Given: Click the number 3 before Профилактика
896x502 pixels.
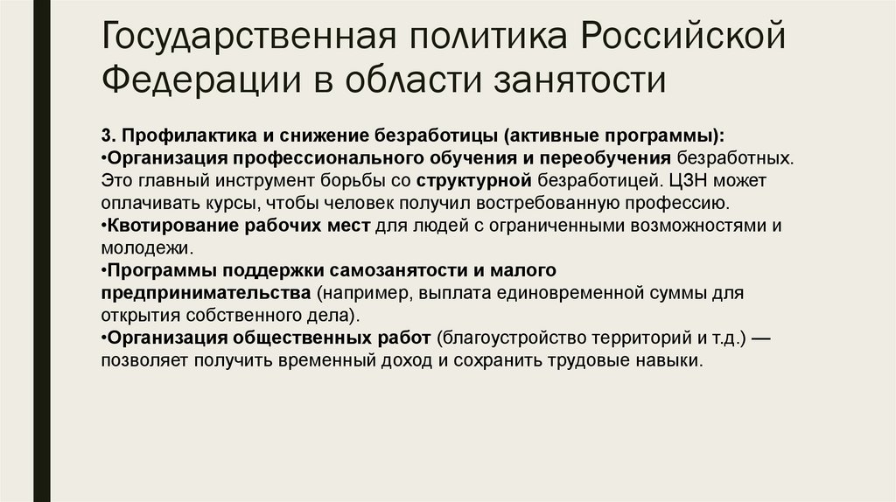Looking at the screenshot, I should pos(106,136).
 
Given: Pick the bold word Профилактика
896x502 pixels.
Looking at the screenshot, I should pos(179,136).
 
